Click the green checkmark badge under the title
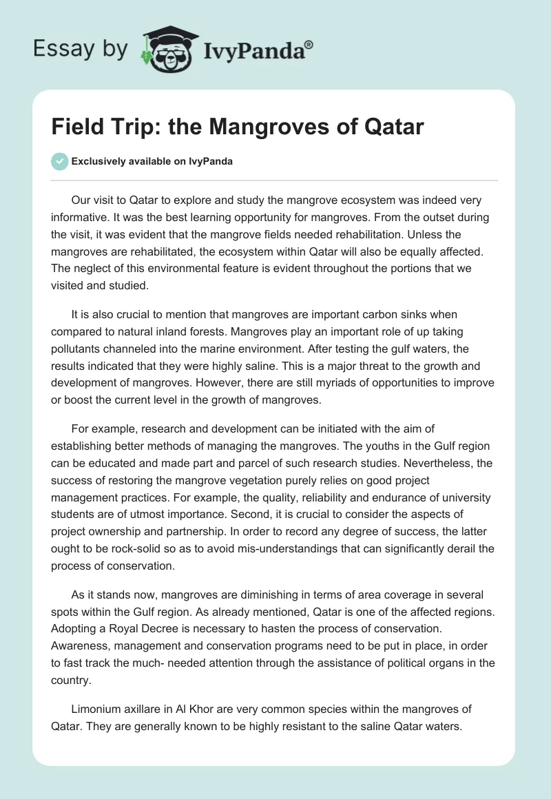click(59, 161)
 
